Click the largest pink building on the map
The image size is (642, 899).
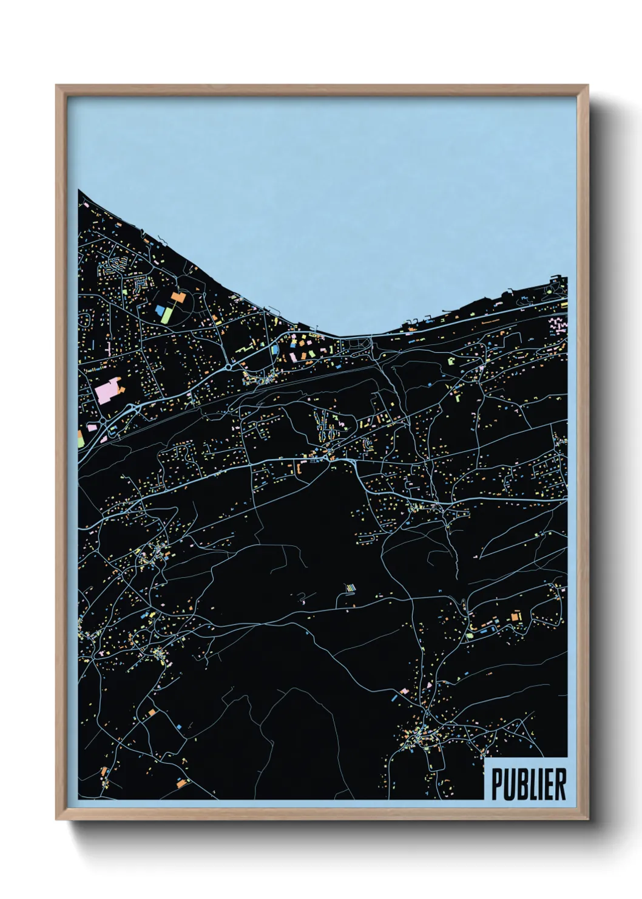point(107,392)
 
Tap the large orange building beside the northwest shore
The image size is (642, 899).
point(178,296)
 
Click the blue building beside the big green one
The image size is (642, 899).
point(160,310)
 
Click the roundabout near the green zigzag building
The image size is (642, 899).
point(229,367)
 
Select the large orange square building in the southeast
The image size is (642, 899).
point(516,617)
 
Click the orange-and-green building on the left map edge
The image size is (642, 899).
point(81,439)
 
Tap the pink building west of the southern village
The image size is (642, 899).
point(405,691)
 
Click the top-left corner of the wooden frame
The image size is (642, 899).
point(56,86)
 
